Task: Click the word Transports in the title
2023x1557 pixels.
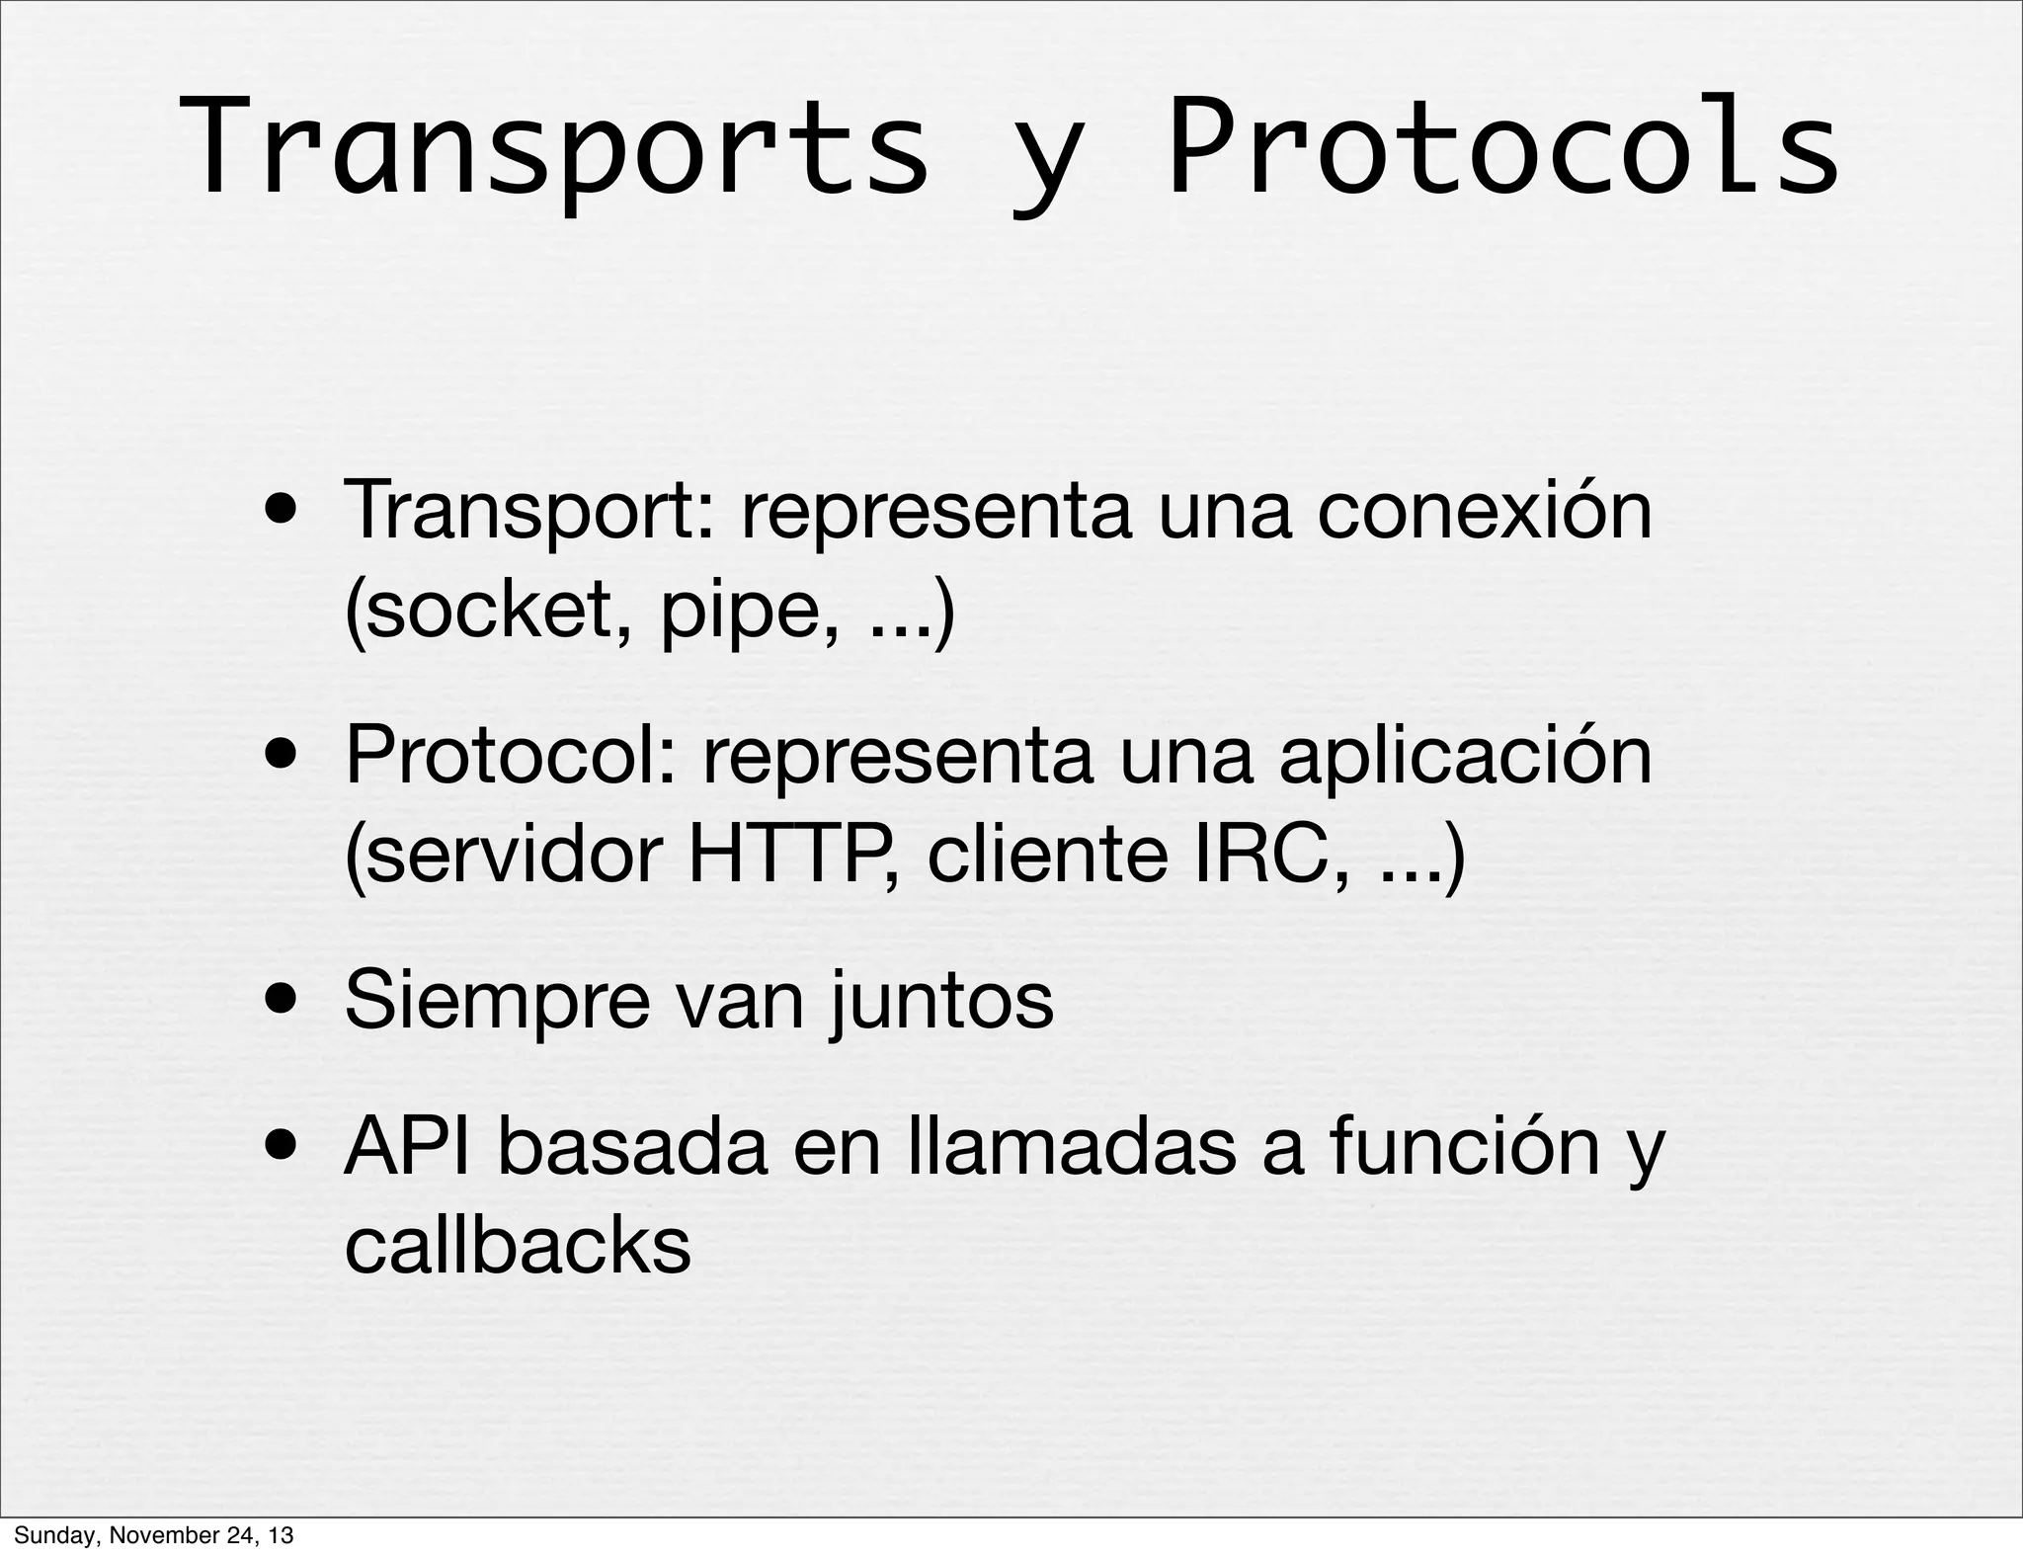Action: pos(554,148)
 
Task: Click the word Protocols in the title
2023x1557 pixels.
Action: pos(1502,148)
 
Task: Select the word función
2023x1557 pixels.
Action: pos(1464,1147)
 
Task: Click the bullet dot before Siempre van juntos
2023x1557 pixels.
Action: pos(283,1002)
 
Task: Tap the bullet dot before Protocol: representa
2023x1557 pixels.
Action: pos(283,757)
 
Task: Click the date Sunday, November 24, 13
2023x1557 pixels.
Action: pos(153,1536)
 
